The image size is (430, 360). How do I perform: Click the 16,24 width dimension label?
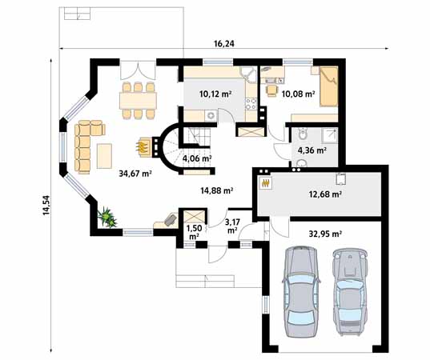pyautogui.click(x=224, y=45)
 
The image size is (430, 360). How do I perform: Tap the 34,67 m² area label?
pyautogui.click(x=135, y=173)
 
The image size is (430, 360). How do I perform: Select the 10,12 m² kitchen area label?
pyautogui.click(x=215, y=94)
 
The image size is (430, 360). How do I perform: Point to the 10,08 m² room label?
pyautogui.click(x=298, y=94)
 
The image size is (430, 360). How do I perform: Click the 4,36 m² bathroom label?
pyautogui.click(x=311, y=150)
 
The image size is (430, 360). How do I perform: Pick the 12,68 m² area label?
pyautogui.click(x=326, y=194)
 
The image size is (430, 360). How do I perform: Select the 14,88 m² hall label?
pyautogui.click(x=216, y=190)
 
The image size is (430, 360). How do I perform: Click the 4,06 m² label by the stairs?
pyautogui.click(x=197, y=158)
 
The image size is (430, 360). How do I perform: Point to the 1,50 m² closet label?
pyautogui.click(x=194, y=232)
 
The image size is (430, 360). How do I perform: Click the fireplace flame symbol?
pyautogui.click(x=143, y=146)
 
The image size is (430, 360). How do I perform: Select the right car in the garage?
pyautogui.click(x=349, y=290)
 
